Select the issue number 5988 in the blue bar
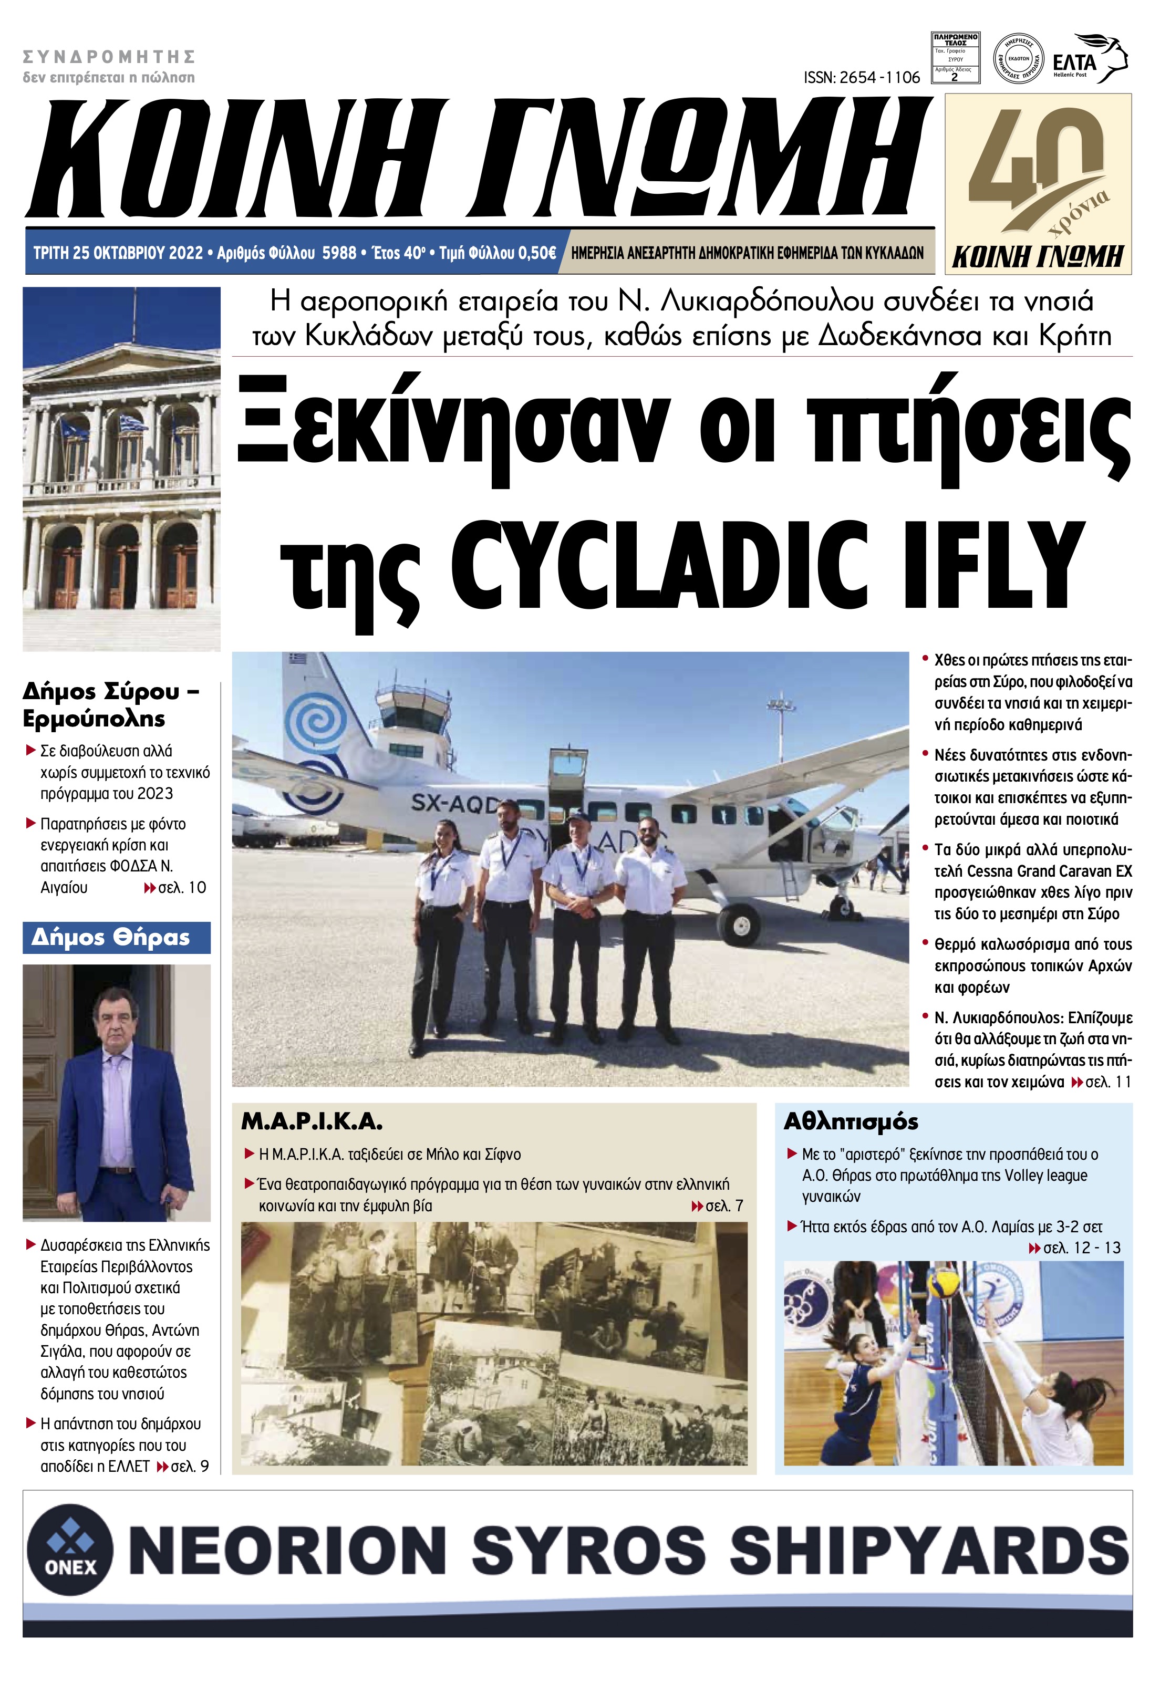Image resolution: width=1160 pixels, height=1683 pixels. [x=339, y=253]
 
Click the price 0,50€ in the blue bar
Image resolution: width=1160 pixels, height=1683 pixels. [x=536, y=253]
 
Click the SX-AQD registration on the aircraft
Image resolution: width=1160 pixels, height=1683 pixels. [x=451, y=803]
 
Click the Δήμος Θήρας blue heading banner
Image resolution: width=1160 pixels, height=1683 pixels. [x=116, y=938]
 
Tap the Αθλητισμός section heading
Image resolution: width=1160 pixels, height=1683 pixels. [x=851, y=1122]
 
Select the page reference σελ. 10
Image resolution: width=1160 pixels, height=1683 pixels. [x=182, y=887]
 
